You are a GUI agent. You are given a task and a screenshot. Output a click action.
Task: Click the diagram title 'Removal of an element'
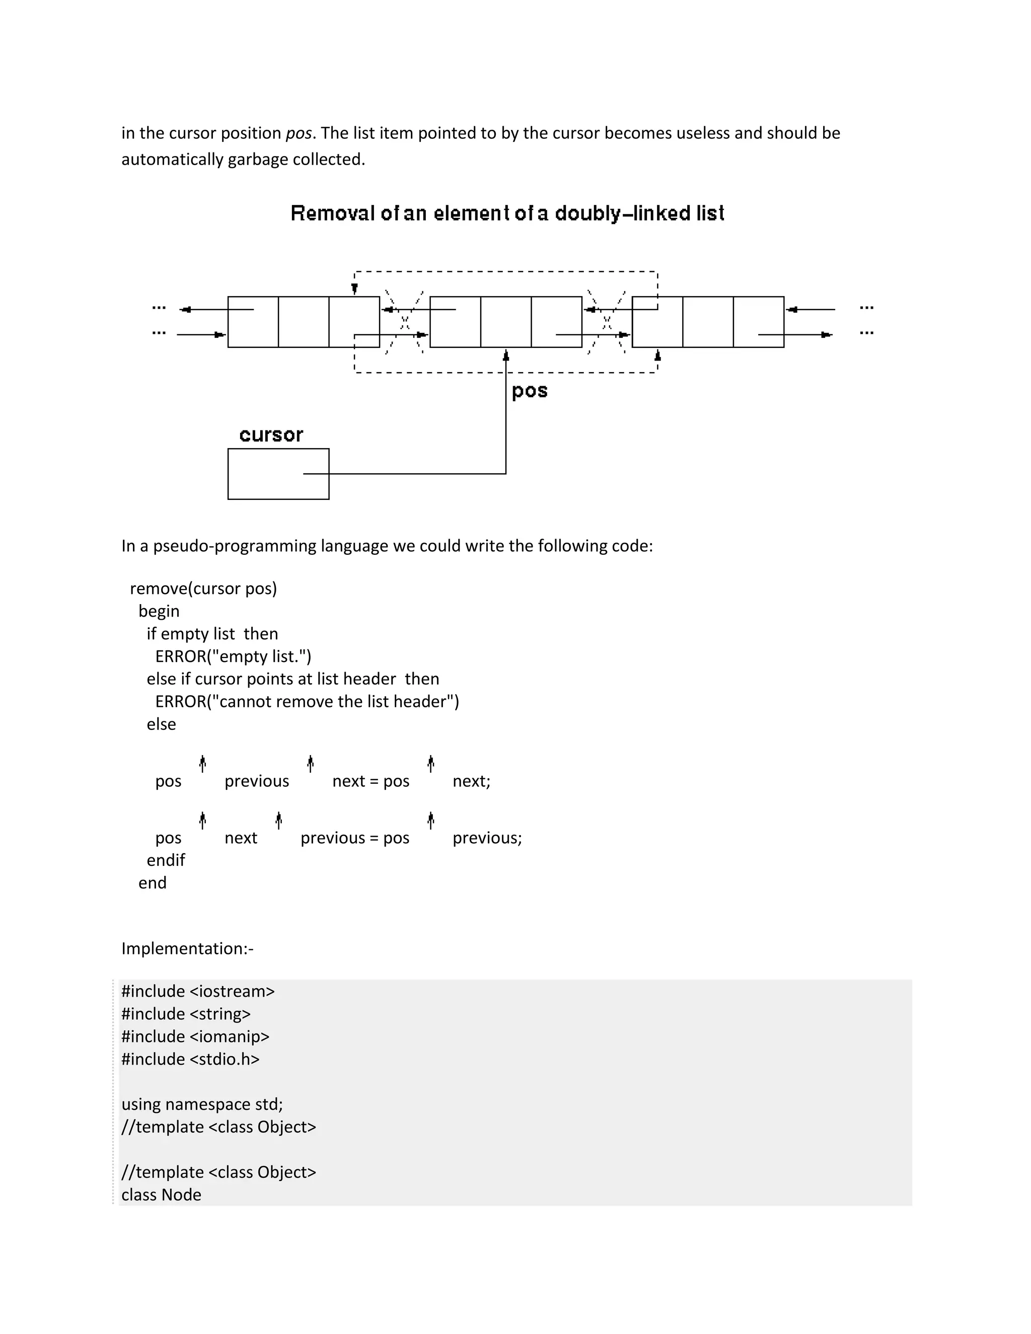pos(507,213)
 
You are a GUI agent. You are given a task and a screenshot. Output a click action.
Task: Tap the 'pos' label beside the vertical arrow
pos(530,391)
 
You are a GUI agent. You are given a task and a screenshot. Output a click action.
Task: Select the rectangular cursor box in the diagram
pos(278,474)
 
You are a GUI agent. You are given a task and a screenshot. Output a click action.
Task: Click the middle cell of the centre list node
pos(506,322)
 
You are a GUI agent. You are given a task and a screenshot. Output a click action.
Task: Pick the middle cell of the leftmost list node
pos(304,322)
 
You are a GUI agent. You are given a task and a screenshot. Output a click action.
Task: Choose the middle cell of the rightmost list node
pos(708,322)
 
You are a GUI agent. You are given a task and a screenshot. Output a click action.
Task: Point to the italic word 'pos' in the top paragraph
pos(299,133)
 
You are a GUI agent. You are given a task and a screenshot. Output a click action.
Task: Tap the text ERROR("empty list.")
pos(233,656)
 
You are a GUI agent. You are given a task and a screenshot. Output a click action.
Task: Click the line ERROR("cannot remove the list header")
pos(307,701)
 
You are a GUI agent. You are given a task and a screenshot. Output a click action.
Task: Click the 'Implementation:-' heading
pos(187,948)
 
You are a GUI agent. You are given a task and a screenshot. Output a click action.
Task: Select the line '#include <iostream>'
pos(198,991)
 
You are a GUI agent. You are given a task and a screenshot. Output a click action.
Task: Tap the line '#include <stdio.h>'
pos(191,1059)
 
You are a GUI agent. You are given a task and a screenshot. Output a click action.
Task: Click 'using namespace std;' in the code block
pos(202,1104)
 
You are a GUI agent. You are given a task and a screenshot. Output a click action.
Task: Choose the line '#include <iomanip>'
pos(195,1036)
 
